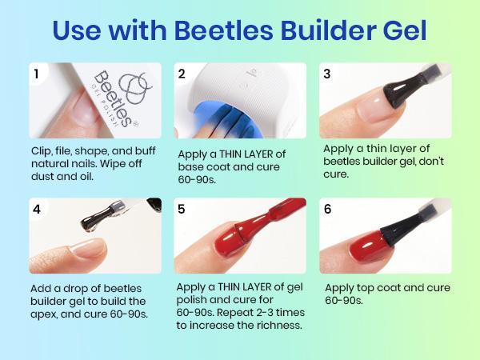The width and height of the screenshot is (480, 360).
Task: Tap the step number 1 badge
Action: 36,74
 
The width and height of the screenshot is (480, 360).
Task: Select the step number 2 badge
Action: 182,74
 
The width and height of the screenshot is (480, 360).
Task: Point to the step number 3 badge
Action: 327,74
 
